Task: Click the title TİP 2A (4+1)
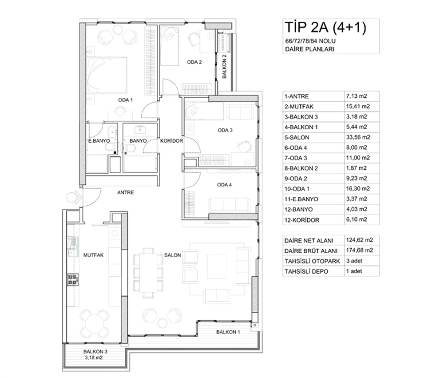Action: pos(325,28)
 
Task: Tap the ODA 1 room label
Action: pos(126,100)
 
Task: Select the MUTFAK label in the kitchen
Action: pos(93,255)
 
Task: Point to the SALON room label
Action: pos(172,255)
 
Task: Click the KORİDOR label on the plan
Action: pos(171,141)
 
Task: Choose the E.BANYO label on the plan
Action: pos(99,141)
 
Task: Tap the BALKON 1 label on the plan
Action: pos(228,332)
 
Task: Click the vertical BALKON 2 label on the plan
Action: pos(224,66)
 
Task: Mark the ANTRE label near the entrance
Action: pos(126,192)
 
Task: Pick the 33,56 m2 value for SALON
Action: pos(358,137)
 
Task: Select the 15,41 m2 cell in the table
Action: pos(358,106)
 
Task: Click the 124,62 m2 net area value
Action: pos(359,240)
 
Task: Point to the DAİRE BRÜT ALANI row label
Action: pos(311,251)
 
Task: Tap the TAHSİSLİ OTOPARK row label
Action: pos(312,261)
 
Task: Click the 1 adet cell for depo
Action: pos(354,271)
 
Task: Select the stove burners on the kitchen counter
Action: pos(73,279)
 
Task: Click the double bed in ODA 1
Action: pos(107,75)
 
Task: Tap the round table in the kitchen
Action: pos(94,323)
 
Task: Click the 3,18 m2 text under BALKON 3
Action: pos(93,358)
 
